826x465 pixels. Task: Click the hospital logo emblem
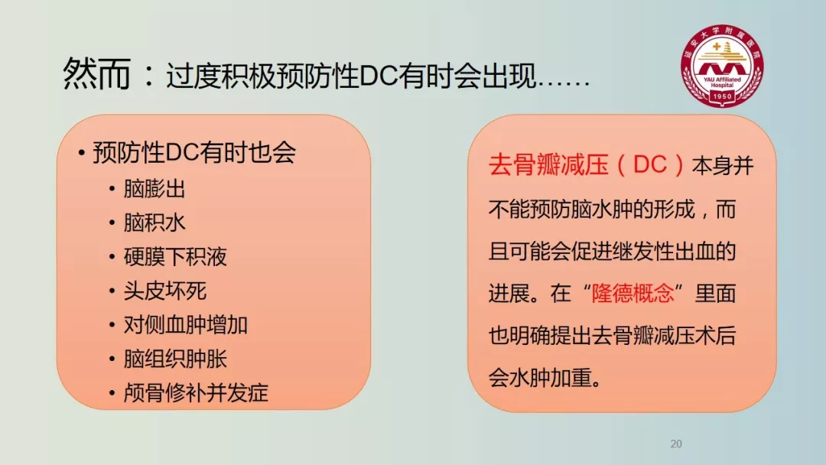coord(722,65)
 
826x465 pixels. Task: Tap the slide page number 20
coord(676,444)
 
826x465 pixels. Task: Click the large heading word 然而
coord(97,73)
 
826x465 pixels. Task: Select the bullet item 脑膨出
coord(154,189)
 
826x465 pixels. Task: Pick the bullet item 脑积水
coord(154,223)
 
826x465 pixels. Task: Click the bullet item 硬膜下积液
coord(175,257)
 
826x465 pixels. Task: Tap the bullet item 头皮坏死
coord(165,291)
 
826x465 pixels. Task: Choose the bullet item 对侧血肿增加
coord(185,325)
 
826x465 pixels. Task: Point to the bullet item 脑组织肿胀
coord(175,359)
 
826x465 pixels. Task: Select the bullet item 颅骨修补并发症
coord(196,393)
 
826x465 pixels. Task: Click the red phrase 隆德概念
coord(633,294)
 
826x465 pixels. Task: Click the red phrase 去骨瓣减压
coord(548,165)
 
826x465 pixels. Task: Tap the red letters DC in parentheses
coord(650,165)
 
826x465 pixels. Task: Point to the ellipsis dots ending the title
coord(563,83)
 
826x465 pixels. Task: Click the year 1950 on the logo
coord(722,96)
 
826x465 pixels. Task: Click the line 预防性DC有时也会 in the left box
coord(194,153)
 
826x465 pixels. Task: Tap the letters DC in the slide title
coord(379,76)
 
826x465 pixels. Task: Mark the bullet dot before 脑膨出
coord(112,190)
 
